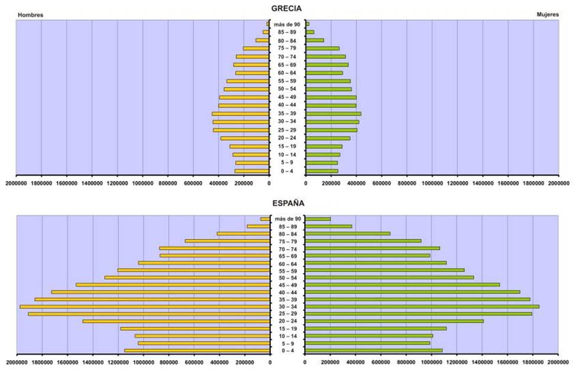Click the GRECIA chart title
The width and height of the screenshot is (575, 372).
(x=287, y=9)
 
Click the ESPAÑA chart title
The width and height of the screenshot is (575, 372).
(x=287, y=203)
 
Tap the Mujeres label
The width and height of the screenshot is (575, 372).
(x=547, y=14)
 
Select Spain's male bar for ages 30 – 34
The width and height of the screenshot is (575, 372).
(x=145, y=306)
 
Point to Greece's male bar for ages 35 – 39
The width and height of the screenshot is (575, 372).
(x=241, y=114)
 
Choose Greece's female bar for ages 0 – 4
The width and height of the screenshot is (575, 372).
(x=322, y=171)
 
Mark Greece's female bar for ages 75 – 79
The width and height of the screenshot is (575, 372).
(x=322, y=48)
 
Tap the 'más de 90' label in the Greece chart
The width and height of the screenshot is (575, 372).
(x=287, y=24)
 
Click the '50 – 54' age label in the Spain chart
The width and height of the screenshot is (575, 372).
(x=287, y=277)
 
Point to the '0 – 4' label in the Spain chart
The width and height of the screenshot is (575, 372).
(x=287, y=351)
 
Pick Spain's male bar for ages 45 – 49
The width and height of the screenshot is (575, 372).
(x=173, y=284)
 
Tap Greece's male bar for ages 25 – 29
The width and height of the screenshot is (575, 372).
(x=241, y=130)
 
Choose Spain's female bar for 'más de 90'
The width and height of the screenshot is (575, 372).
(x=318, y=219)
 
